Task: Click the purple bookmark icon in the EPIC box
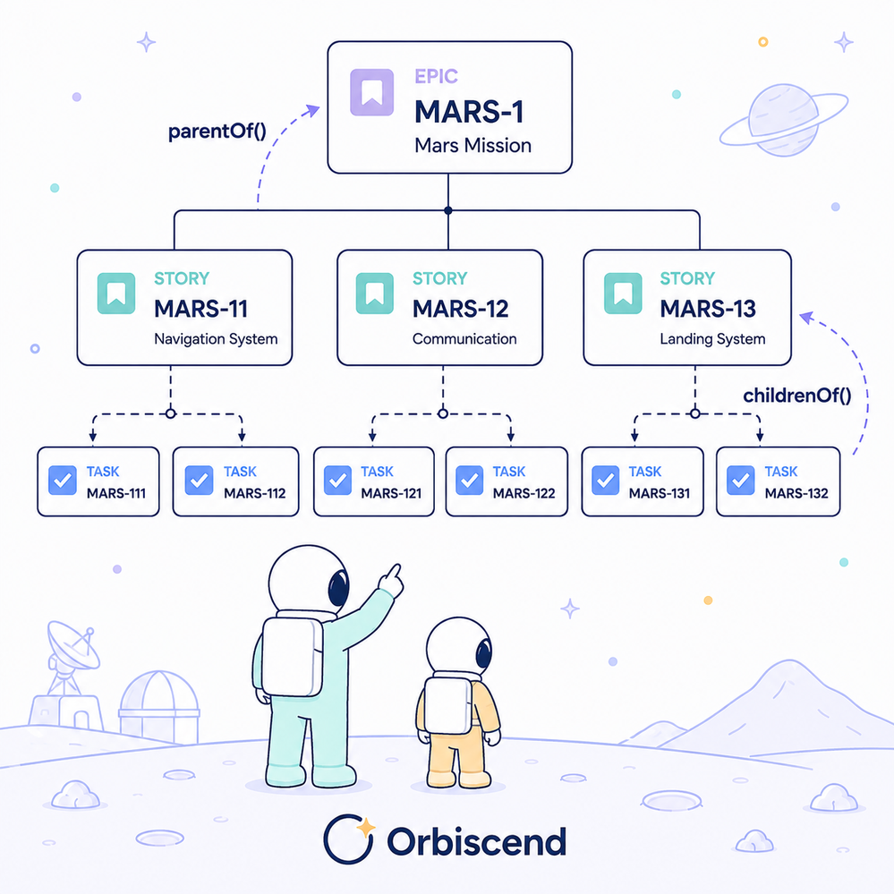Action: (x=371, y=92)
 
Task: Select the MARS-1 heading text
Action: (x=469, y=112)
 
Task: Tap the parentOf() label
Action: (x=217, y=132)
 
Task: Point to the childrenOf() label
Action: (x=797, y=396)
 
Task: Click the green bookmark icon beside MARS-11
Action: (x=116, y=293)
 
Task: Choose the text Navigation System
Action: (x=216, y=339)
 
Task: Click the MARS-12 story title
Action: (x=460, y=309)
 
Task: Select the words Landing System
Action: (x=712, y=339)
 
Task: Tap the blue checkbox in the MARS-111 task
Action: (x=63, y=480)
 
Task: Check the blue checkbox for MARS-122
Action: (x=470, y=480)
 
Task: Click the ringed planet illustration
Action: (x=784, y=120)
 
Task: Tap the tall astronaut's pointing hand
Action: (x=392, y=581)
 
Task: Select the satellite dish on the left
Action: (x=73, y=646)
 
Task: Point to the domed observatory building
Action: (x=159, y=707)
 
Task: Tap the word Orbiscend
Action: (x=477, y=841)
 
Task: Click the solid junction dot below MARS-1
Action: (x=448, y=210)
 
